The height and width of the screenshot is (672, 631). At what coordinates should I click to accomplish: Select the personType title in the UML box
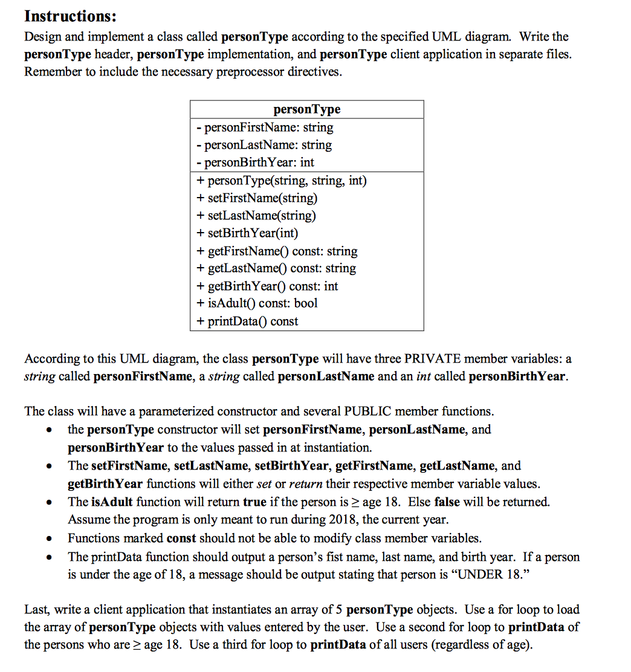point(306,109)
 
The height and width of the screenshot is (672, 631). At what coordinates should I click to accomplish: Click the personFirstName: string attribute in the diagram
point(265,128)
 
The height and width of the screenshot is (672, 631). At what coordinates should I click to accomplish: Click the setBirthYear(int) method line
point(247,233)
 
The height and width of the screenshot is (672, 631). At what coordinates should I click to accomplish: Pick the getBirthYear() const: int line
point(267,286)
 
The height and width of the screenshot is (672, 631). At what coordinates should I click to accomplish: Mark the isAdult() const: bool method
point(257,303)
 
